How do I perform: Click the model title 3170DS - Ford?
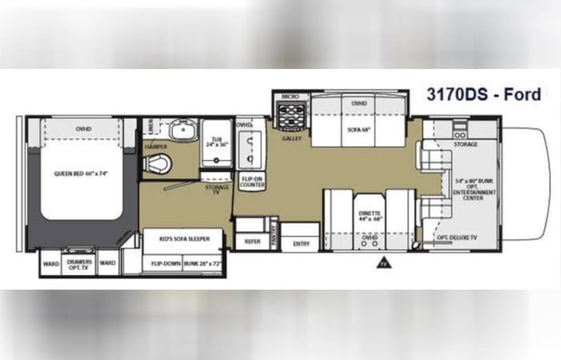click(483, 94)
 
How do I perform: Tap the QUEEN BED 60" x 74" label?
click(81, 173)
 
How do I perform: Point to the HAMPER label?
click(156, 146)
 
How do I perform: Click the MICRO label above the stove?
click(289, 97)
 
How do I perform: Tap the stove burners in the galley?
click(290, 118)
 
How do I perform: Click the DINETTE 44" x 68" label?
click(370, 217)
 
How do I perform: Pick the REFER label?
click(252, 240)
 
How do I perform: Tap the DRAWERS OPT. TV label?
click(79, 263)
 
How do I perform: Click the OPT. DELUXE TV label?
click(457, 238)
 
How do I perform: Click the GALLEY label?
click(292, 139)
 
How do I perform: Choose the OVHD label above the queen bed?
click(84, 128)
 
